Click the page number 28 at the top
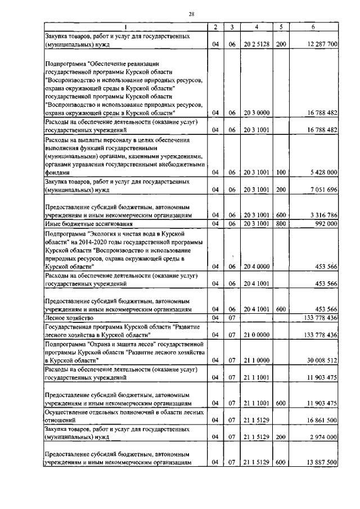coord(191,15)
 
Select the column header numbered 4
coord(256,27)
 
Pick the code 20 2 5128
coord(256,43)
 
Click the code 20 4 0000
coord(256,267)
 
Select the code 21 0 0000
coord(256,335)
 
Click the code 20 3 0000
coord(256,112)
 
